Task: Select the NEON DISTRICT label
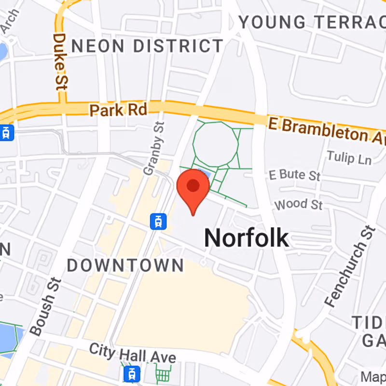147,46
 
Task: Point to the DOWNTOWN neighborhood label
125,265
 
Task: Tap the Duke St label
60,61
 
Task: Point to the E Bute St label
295,175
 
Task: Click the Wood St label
298,204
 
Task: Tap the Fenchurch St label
350,267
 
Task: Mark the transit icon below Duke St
6,132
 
